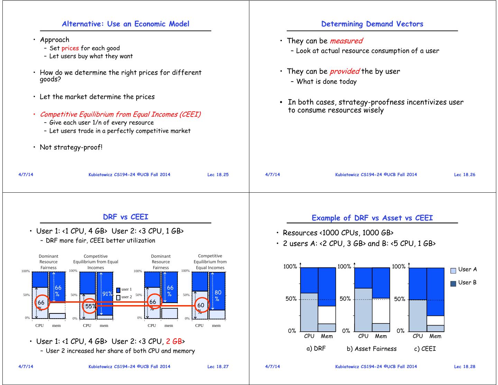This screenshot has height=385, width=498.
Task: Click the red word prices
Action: [70, 48]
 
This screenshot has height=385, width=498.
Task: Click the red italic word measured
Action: [346, 41]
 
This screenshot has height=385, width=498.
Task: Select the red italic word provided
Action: [344, 71]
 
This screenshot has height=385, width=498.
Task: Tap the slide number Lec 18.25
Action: [218, 175]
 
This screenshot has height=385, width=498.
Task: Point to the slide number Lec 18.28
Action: [464, 367]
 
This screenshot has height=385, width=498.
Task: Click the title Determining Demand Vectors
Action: [372, 24]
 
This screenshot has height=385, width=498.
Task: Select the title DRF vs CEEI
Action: [126, 217]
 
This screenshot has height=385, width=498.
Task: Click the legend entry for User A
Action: [464, 269]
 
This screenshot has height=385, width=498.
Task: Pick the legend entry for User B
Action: [464, 283]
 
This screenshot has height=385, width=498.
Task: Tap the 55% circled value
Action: [90, 306]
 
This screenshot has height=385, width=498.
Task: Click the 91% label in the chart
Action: [107, 294]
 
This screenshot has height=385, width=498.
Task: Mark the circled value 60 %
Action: [201, 305]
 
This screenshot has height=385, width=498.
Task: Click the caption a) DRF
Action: [316, 348]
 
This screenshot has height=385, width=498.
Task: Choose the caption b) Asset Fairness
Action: [371, 349]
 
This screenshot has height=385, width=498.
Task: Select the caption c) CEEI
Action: [425, 349]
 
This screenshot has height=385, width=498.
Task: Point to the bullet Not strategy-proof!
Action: [71, 147]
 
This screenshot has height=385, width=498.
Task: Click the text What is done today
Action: [326, 82]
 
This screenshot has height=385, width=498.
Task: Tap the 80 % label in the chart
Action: [218, 295]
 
